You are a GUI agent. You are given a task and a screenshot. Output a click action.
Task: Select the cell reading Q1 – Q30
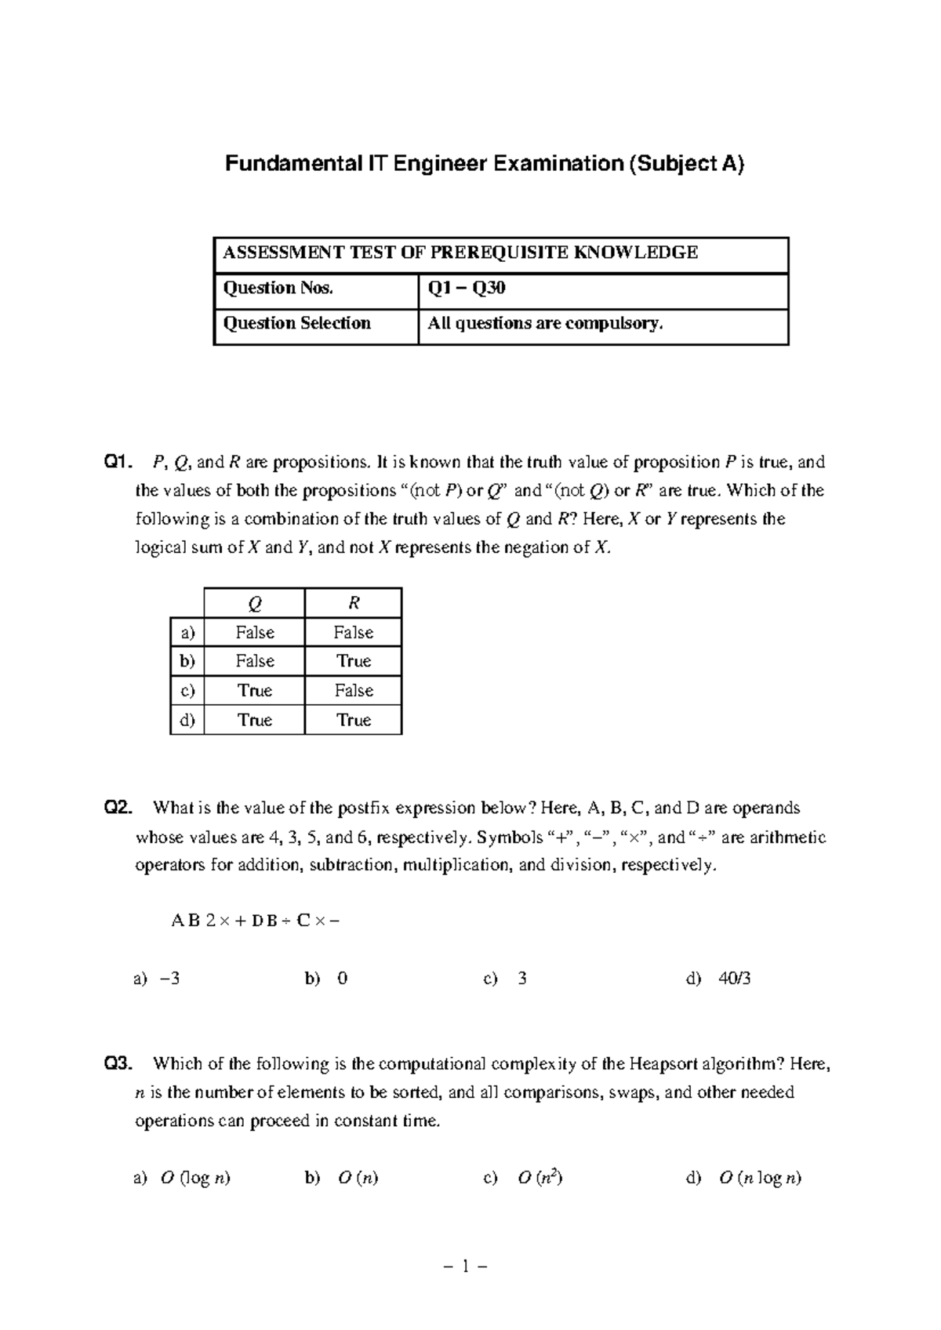pos(466,289)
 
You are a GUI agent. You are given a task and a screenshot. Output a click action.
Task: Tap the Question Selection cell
pos(297,324)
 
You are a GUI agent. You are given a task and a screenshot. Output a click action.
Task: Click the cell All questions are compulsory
pos(545,324)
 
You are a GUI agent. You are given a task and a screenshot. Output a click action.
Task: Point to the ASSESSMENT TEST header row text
pos(460,253)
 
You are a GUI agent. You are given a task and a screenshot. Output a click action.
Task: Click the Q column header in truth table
pos(254,603)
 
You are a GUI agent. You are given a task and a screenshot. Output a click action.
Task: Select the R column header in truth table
pos(354,603)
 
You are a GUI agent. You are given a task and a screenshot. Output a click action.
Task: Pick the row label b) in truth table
pos(187,661)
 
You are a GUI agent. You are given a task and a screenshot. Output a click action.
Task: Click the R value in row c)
pos(354,690)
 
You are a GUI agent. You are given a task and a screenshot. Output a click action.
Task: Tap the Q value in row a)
pos(254,632)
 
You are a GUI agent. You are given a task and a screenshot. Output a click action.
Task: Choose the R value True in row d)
pos(354,720)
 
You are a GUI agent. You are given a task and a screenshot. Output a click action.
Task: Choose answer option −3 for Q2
pos(169,979)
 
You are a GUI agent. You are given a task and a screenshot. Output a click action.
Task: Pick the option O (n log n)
pos(759,1178)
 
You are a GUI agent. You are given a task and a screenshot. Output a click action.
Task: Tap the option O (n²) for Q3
pos(540,1178)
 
